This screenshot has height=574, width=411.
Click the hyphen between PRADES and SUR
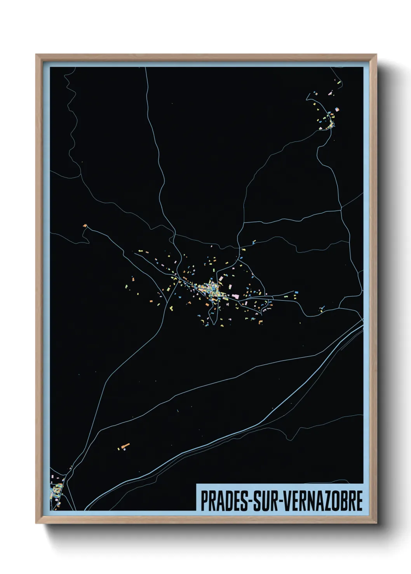click(x=251, y=501)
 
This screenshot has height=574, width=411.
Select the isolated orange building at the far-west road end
click(x=85, y=225)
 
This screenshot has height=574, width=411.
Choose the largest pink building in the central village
click(x=235, y=296)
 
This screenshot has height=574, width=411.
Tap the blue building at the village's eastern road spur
click(x=296, y=292)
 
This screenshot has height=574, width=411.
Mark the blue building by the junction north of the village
click(x=254, y=242)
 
